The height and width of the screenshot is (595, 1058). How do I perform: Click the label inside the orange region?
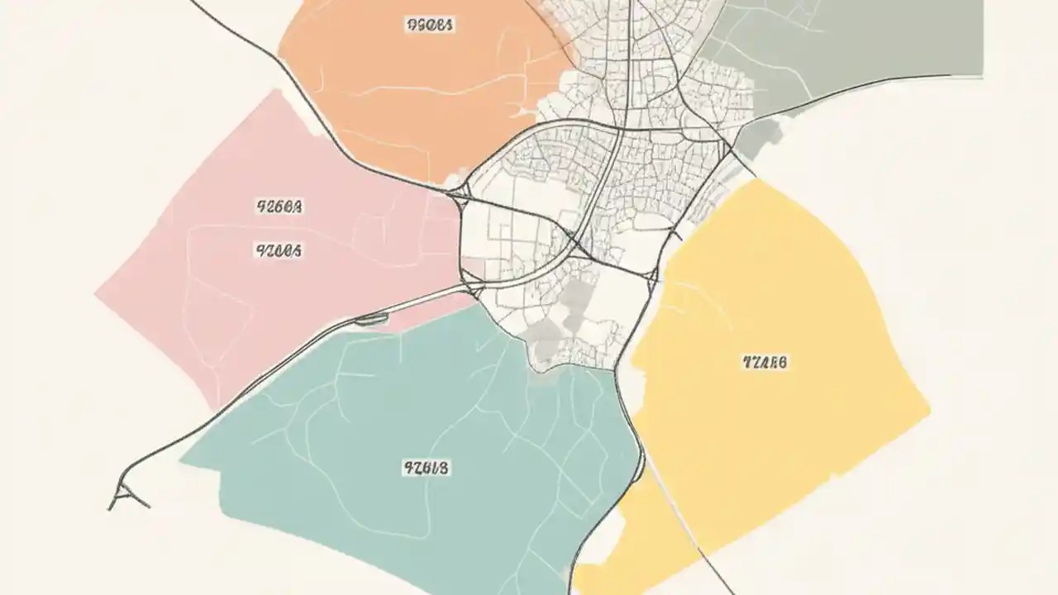430,25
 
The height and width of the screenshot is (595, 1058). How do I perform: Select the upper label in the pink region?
280,207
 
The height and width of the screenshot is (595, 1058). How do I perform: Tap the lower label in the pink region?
279,249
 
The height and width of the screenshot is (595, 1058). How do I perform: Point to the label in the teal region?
427,469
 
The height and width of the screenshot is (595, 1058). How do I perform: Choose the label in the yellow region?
765,361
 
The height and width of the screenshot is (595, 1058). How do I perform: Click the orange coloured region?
413,99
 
